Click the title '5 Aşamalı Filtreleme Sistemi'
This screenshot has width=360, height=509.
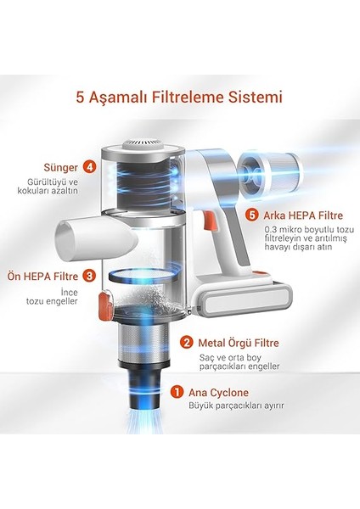pyautogui.click(x=179, y=97)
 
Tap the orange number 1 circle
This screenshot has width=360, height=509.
pyautogui.click(x=177, y=392)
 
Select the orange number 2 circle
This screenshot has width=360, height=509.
pyautogui.click(x=186, y=343)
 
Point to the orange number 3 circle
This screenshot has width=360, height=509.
pyautogui.click(x=89, y=277)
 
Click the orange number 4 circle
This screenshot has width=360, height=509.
pyautogui.click(x=89, y=167)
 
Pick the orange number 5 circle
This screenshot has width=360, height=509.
pyautogui.click(x=252, y=215)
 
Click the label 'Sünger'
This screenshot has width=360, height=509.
pyautogui.click(x=61, y=167)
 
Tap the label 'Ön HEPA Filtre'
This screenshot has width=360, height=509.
pyautogui.click(x=43, y=277)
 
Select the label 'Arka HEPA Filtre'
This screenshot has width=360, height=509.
pyautogui.click(x=303, y=215)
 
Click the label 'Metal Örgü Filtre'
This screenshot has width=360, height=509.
pyautogui.click(x=239, y=343)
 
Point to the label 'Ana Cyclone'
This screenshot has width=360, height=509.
pyautogui.click(x=218, y=393)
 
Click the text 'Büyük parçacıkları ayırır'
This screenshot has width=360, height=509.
pyautogui.click(x=236, y=406)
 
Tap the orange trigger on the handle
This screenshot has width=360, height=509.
pyautogui.click(x=208, y=221)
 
